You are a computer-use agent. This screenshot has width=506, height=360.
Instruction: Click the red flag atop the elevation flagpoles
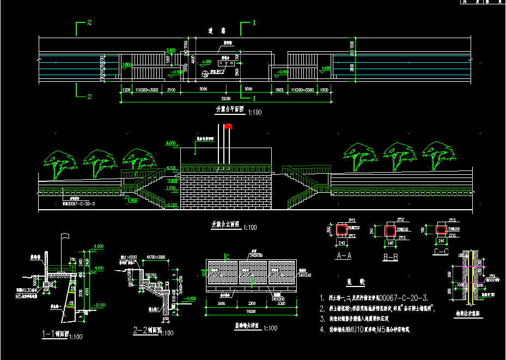pos(228,127)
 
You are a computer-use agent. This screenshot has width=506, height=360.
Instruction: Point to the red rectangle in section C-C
pos(440,231)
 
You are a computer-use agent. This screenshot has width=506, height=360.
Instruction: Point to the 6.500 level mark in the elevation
pos(171,143)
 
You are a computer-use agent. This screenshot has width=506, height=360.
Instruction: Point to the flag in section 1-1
pos(65,236)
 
